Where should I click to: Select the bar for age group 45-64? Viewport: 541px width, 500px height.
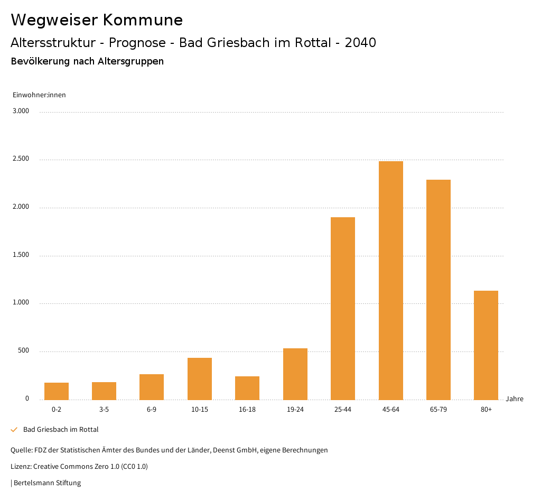(390, 280)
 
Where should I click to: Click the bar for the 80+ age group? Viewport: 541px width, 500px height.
(486, 345)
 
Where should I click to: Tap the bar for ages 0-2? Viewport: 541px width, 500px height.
(57, 391)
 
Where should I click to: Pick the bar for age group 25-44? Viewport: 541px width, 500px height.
(343, 308)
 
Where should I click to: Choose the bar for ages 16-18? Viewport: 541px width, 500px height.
(247, 388)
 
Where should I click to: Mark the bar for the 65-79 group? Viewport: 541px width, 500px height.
(439, 290)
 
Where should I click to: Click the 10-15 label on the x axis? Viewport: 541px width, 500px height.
(200, 410)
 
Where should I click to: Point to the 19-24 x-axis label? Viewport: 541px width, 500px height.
(295, 410)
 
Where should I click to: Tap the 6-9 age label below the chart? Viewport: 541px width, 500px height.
(152, 410)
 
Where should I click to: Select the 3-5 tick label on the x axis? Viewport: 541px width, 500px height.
(104, 410)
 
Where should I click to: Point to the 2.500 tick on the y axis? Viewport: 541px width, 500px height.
(21, 159)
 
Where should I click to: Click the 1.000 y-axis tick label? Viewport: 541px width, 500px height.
(21, 303)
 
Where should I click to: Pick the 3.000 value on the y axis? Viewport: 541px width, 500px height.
(21, 111)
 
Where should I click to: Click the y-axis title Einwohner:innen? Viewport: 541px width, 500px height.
(39, 95)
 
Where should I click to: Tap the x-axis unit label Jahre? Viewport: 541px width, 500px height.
(515, 399)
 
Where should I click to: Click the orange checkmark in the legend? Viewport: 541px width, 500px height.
(14, 430)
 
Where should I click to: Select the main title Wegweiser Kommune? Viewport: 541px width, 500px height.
(97, 20)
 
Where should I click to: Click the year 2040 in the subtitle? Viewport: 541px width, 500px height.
(360, 43)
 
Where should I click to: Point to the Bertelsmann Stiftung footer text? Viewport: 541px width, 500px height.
(47, 483)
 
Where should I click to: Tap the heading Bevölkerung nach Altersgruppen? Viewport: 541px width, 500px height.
(87, 61)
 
